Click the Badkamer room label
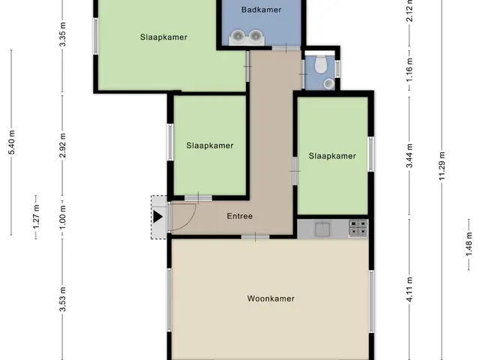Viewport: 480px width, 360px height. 261,10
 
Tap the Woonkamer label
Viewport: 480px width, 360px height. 271,298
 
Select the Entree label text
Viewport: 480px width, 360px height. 240,216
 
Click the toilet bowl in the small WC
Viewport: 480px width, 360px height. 321,64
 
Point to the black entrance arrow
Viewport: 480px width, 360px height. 157,217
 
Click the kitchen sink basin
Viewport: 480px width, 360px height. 322,229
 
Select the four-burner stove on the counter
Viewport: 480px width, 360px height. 358,228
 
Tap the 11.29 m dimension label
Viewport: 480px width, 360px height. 442,166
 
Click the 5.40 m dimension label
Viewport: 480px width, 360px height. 12,142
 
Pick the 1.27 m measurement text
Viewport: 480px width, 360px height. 36,217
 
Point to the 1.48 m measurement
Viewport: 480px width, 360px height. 469,244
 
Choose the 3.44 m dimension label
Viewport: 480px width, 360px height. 409,155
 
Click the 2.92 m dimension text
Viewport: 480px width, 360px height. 62,145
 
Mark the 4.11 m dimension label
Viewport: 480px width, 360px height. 409,289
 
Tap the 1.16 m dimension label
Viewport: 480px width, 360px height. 409,70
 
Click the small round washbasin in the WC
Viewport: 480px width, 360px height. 329,83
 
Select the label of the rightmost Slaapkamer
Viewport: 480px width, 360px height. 332,156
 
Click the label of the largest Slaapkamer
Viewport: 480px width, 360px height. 163,37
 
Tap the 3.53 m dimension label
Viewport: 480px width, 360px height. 62,299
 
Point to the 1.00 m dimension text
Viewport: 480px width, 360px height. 62,217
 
